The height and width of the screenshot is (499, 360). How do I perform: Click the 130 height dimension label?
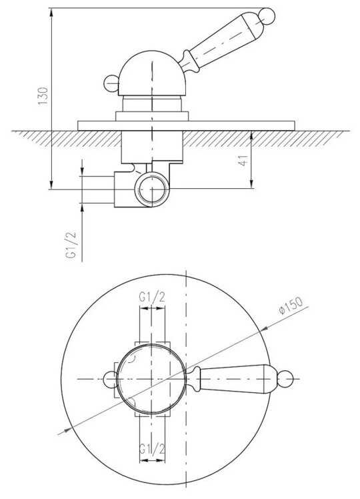(43, 96)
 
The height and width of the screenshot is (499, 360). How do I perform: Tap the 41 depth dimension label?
(243, 160)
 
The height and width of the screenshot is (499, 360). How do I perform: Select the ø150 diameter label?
(291, 306)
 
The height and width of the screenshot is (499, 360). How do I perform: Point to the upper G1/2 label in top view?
(152, 298)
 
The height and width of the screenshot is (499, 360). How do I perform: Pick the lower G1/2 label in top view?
(152, 449)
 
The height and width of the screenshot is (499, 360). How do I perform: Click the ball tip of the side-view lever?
(267, 16)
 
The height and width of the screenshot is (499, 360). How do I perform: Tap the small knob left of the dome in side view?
(111, 83)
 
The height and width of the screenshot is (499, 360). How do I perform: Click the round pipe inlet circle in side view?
(152, 189)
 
